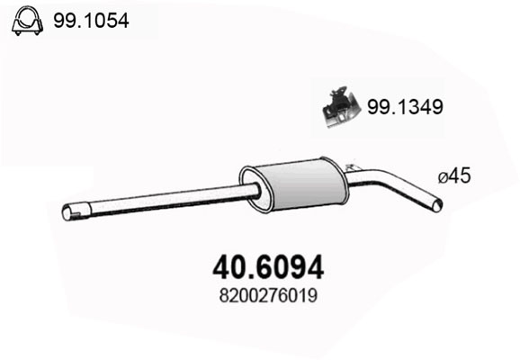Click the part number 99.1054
click(x=91, y=21)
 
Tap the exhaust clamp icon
click(x=27, y=21)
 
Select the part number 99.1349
click(x=405, y=107)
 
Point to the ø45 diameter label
click(x=454, y=175)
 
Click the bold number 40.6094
click(x=268, y=267)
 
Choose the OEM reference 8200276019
click(x=268, y=295)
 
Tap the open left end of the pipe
click(x=67, y=212)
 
